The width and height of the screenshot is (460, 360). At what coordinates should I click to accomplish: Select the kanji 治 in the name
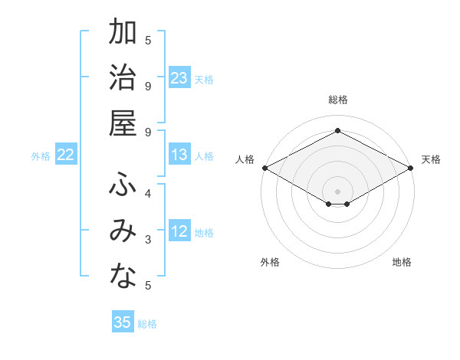click(x=123, y=79)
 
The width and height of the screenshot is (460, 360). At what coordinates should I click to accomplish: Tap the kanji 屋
click(x=123, y=124)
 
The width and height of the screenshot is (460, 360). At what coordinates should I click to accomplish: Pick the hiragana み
click(x=123, y=232)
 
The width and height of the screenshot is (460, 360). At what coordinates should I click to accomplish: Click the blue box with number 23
click(x=179, y=78)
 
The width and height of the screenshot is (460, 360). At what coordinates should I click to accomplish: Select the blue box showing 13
click(x=179, y=155)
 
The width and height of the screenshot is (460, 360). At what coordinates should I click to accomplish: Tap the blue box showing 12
click(x=179, y=232)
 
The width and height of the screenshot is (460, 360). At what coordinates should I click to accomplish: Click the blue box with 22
click(x=66, y=155)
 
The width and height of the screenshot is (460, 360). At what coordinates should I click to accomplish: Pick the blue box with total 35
click(x=123, y=322)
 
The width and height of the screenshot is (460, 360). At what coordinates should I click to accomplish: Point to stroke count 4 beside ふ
click(x=148, y=194)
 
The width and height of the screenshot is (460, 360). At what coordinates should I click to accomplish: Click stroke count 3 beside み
click(x=148, y=240)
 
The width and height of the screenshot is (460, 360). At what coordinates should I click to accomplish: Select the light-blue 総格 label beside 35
click(x=147, y=324)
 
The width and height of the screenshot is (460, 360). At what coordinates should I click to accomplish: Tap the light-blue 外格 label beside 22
click(x=41, y=156)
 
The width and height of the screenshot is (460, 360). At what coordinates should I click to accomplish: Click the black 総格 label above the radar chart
click(x=337, y=100)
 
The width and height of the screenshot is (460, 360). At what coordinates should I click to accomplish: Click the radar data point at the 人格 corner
click(x=264, y=168)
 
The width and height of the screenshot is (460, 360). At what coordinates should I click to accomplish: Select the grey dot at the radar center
click(x=337, y=190)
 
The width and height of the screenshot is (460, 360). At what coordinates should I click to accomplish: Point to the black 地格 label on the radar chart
click(x=402, y=262)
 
